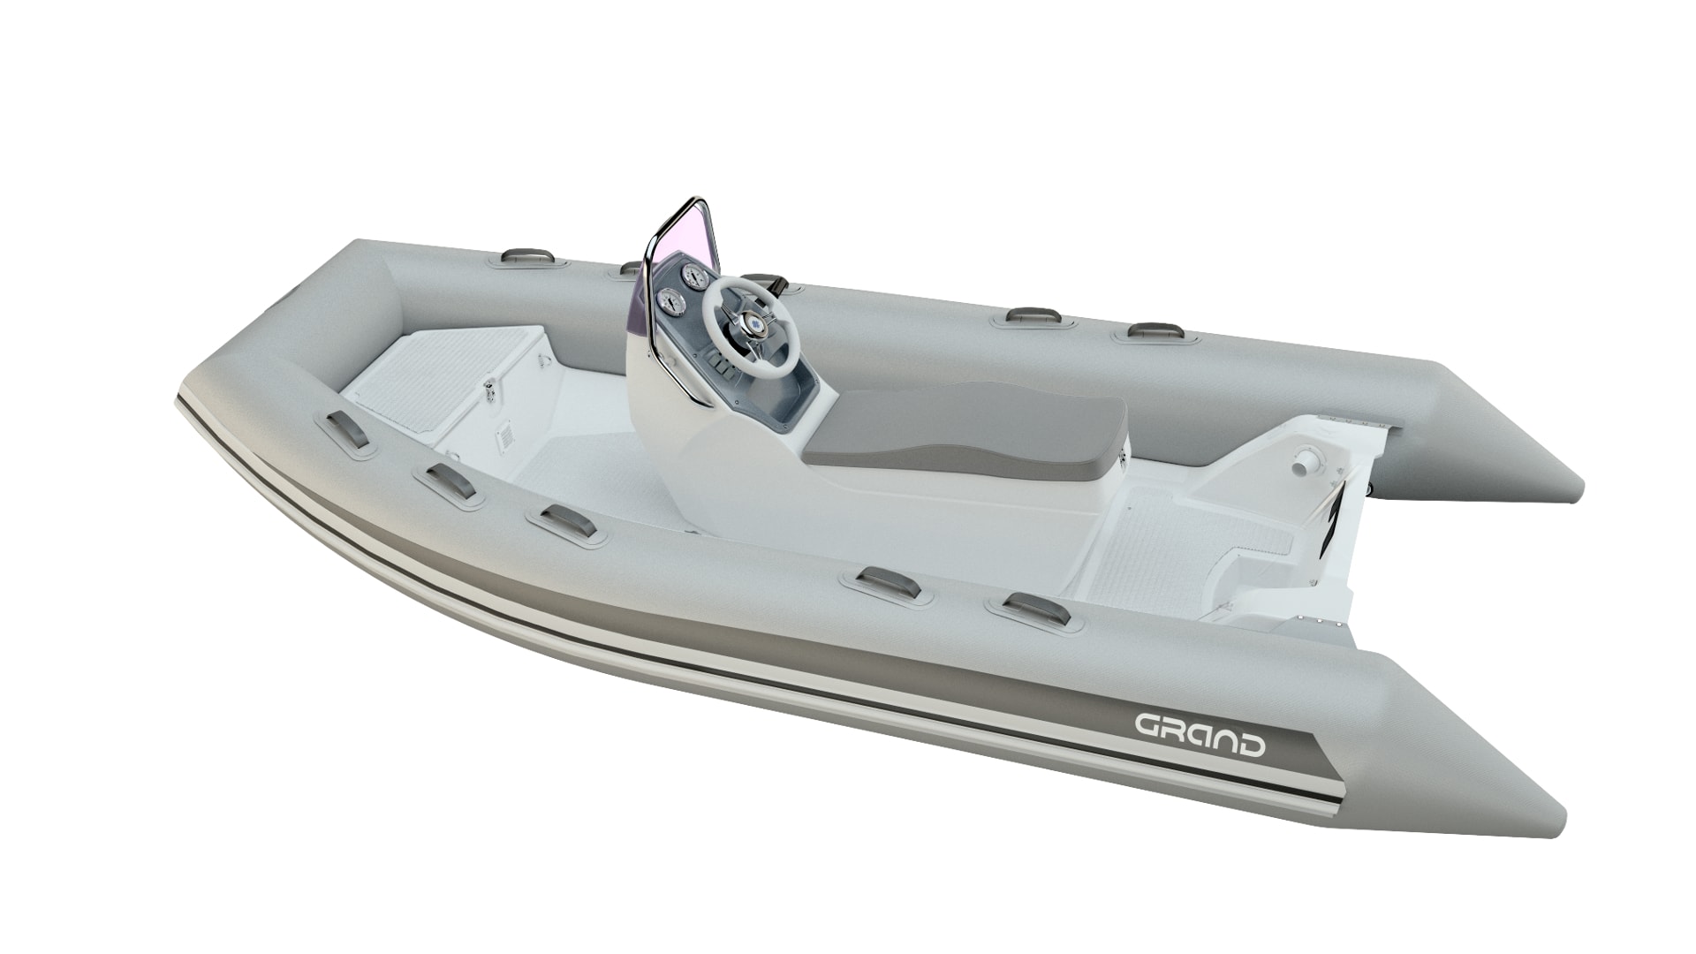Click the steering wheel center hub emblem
pyautogui.click(x=758, y=325)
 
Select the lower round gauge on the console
pyautogui.click(x=670, y=304)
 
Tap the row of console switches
pyautogui.click(x=721, y=368)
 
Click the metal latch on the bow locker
pyautogui.click(x=488, y=388)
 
